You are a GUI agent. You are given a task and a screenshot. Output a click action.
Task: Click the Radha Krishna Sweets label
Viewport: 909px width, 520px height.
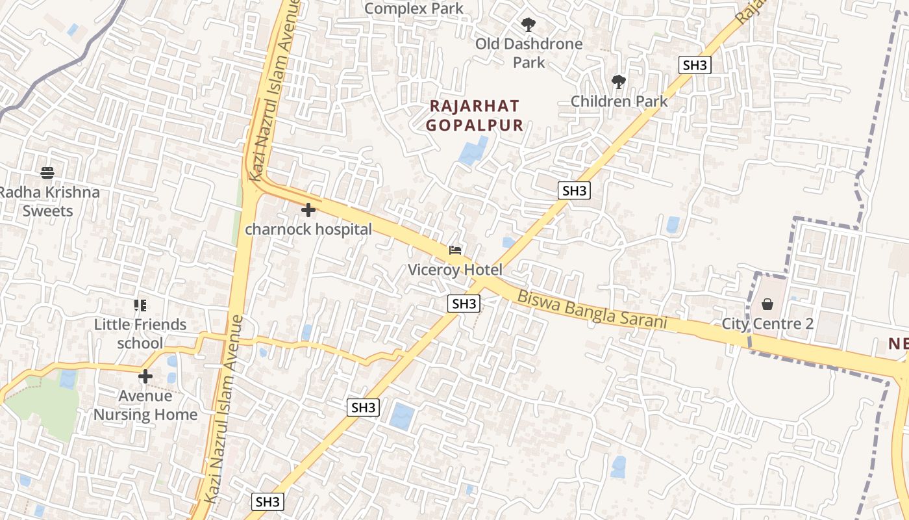tap(49, 201)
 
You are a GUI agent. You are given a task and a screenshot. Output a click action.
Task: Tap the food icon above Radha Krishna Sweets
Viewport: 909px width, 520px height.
tap(47, 173)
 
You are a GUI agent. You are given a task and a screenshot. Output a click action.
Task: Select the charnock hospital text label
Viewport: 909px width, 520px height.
tap(308, 229)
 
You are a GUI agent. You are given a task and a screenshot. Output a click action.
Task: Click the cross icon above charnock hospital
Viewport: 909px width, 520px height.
tap(308, 210)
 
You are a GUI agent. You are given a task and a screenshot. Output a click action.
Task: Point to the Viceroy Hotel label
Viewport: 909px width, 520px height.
tap(455, 269)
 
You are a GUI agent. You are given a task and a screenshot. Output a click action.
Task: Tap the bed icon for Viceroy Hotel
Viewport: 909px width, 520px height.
tap(455, 250)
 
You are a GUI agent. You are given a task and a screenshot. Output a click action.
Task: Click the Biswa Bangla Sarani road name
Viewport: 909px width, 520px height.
tap(592, 309)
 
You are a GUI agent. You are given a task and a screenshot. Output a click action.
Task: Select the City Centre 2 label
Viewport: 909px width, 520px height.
tap(767, 323)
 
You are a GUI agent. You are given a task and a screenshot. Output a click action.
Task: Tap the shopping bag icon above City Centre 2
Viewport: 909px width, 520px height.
tap(767, 304)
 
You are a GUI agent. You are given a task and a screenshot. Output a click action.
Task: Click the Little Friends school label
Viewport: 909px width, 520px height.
tap(140, 333)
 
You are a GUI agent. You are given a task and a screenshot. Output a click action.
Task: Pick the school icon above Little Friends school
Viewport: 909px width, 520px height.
tap(140, 305)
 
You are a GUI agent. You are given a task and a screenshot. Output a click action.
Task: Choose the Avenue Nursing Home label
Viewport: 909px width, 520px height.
tap(145, 405)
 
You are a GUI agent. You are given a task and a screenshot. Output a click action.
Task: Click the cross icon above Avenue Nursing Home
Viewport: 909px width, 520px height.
tap(145, 376)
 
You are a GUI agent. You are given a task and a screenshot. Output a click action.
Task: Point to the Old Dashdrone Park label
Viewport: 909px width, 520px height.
tap(529, 53)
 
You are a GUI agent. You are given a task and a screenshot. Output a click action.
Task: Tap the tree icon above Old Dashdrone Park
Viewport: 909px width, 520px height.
tap(529, 25)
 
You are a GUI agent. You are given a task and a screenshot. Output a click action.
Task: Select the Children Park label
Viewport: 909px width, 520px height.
tap(619, 101)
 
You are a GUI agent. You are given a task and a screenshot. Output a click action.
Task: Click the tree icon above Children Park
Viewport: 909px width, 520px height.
tap(619, 82)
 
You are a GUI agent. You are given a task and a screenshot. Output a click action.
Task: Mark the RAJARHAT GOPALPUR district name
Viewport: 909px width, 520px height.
tap(475, 116)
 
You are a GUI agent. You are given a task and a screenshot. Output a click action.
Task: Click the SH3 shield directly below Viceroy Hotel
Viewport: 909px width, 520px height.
tap(464, 304)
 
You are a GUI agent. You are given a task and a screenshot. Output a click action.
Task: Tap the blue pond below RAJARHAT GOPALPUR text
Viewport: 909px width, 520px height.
tap(473, 151)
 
